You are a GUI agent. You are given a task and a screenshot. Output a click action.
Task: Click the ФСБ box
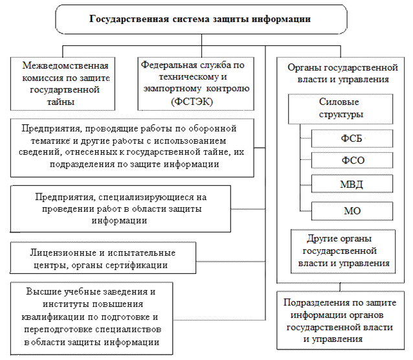352,139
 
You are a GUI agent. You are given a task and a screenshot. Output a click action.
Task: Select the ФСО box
352,160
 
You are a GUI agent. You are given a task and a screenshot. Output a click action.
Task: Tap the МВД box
352,184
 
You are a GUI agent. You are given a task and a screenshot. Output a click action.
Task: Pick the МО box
352,211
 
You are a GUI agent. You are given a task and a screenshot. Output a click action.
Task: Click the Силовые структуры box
340,109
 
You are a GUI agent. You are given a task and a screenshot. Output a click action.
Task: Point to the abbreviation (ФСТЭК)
192,102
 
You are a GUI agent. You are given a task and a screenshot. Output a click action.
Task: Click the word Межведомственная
65,65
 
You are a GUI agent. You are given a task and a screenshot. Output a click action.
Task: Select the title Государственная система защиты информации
200,19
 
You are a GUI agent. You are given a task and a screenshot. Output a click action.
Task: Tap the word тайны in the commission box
61,102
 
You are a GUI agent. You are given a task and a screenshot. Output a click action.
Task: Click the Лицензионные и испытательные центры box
103,258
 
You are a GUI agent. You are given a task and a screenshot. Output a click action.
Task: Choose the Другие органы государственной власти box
343,251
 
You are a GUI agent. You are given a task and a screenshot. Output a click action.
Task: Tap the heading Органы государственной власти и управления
342,73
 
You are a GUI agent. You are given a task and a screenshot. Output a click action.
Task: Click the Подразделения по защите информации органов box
340,321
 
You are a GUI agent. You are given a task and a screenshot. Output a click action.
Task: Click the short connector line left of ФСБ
306,138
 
